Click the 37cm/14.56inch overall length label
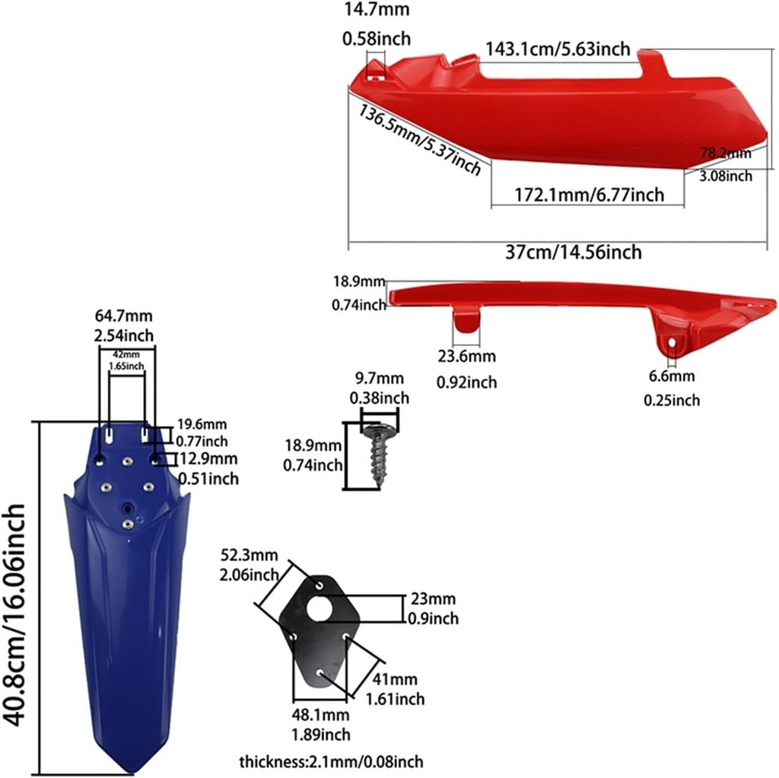click(574, 252)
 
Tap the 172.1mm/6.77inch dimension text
click(589, 195)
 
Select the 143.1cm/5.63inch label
click(558, 49)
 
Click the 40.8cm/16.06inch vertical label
click(14, 615)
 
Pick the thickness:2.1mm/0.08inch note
click(332, 761)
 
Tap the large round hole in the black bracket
click(319, 608)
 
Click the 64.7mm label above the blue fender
click(124, 316)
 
